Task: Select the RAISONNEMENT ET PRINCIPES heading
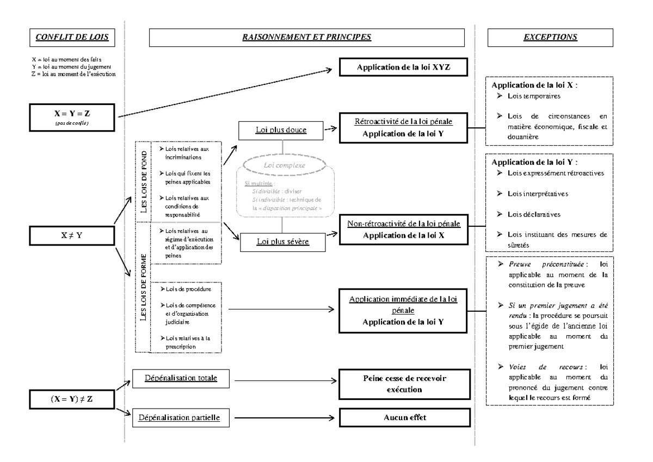pos(306,38)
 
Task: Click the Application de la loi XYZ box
pos(404,69)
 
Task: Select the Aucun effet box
pos(404,418)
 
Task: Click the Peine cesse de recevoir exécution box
pos(404,382)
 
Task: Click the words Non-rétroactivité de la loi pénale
pos(404,224)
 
